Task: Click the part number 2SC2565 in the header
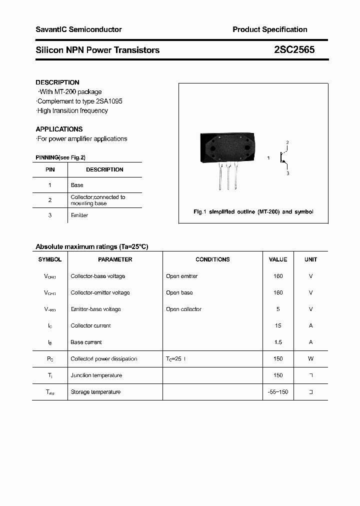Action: (x=294, y=50)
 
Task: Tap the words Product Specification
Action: (x=269, y=29)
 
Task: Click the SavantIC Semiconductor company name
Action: (x=78, y=29)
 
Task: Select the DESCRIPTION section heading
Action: (x=57, y=82)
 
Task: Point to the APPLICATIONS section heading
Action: (x=59, y=129)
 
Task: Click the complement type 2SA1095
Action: (x=106, y=101)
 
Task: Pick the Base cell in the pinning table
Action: (x=77, y=185)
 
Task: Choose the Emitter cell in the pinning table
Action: (x=79, y=215)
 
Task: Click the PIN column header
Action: (x=50, y=169)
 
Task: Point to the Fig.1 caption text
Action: (x=253, y=212)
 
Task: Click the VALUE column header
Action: (x=278, y=259)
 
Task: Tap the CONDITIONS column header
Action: (x=212, y=259)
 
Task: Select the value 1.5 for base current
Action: (x=278, y=342)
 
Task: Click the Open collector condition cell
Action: (x=183, y=309)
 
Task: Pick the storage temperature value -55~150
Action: (x=278, y=392)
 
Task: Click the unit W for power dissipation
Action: (x=310, y=359)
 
